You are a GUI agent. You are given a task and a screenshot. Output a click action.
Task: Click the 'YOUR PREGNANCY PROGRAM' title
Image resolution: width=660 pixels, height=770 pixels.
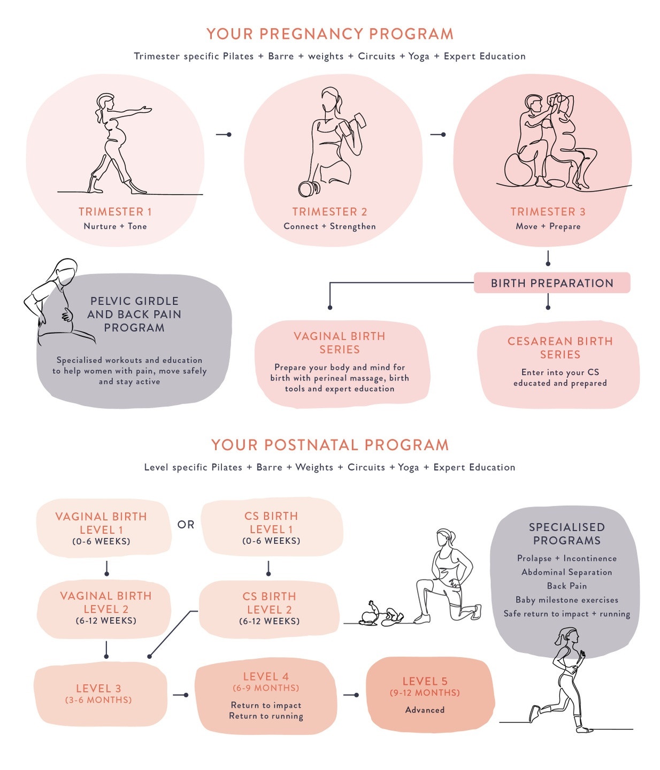click(x=330, y=34)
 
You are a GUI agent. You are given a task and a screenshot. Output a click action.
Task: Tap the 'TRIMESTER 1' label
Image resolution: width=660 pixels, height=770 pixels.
click(x=115, y=212)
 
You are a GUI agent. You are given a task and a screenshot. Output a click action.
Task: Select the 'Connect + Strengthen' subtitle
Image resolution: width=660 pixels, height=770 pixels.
click(x=329, y=226)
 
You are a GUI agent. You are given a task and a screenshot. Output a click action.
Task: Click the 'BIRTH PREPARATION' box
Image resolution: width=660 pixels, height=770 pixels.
click(x=552, y=283)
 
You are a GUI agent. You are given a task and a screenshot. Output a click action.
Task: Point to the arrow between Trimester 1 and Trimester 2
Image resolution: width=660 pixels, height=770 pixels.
click(x=224, y=134)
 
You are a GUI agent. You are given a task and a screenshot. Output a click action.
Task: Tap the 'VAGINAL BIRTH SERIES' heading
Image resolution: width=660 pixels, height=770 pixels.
click(x=340, y=343)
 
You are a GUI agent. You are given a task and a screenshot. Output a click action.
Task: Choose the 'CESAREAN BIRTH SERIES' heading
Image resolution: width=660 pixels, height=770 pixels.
click(x=560, y=348)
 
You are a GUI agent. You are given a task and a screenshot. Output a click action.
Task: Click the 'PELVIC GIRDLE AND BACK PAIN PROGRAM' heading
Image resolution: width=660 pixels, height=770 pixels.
click(x=134, y=314)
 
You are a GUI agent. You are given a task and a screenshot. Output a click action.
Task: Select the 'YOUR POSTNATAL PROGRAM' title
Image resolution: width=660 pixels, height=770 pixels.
click(x=330, y=445)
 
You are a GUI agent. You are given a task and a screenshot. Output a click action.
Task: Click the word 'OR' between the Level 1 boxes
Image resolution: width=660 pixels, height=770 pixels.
click(x=186, y=525)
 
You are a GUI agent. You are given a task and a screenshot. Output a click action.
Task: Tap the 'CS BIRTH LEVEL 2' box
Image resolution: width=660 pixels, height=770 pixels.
click(x=269, y=609)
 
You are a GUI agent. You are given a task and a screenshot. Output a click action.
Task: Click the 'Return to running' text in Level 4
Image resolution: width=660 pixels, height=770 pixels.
click(x=266, y=716)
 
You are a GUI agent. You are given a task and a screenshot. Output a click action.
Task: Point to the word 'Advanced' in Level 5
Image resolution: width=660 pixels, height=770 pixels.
click(x=425, y=710)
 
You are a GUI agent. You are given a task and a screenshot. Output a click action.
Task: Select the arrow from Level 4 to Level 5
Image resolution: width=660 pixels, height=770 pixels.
click(x=351, y=695)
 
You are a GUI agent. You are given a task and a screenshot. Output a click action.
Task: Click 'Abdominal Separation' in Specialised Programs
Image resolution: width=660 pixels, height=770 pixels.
click(x=566, y=572)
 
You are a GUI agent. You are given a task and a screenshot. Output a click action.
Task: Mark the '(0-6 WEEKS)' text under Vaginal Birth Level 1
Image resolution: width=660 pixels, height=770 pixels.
click(x=102, y=541)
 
